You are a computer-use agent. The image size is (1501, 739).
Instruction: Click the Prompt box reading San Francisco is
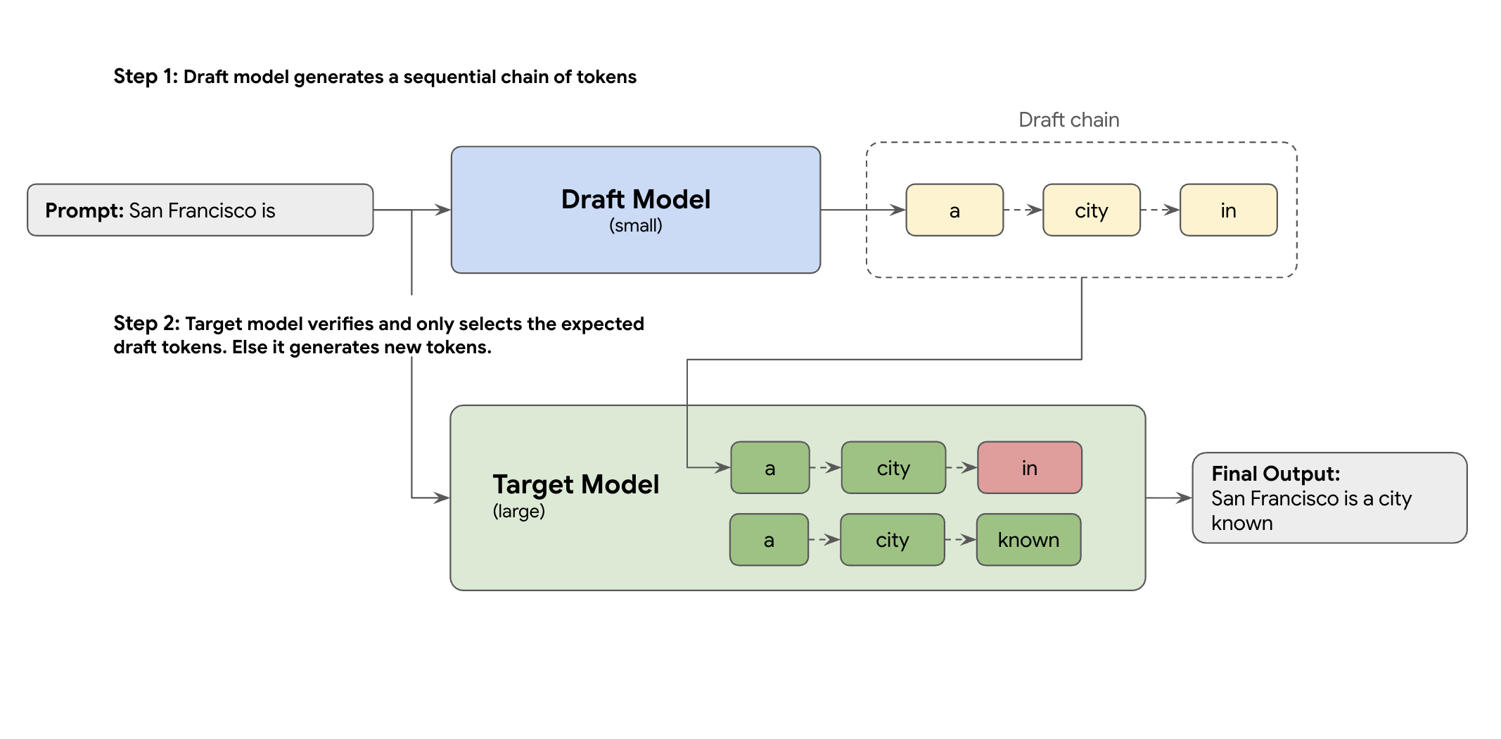pos(200,210)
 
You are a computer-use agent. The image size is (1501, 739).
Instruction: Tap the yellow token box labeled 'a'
pos(954,210)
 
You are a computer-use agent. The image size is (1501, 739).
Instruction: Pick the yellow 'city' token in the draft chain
pos(1091,210)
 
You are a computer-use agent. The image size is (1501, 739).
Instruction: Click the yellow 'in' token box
pos(1228,210)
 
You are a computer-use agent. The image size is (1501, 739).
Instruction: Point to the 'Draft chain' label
pos(1068,120)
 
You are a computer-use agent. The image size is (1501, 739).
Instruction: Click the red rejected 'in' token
pos(1029,467)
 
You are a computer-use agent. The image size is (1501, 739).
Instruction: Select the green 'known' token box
pos(1028,540)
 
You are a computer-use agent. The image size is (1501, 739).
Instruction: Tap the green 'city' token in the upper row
pos(893,467)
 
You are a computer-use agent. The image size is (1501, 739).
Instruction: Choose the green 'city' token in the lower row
pos(892,540)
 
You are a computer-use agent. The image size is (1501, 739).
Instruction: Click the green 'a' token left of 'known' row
pos(769,540)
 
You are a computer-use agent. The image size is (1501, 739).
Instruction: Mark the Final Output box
pos(1329,498)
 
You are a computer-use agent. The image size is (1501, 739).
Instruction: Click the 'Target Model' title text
pos(575,484)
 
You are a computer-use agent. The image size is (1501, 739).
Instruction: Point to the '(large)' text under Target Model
pos(518,511)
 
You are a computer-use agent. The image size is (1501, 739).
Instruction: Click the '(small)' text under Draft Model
pos(635,225)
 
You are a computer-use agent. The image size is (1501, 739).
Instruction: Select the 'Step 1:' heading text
pos(146,76)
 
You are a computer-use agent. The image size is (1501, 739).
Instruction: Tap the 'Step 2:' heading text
pos(146,323)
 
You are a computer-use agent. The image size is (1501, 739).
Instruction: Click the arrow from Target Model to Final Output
pos(1168,498)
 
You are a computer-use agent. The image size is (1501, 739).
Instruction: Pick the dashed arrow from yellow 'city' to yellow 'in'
pos(1159,210)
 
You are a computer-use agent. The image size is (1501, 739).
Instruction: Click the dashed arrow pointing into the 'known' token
pos(960,540)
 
